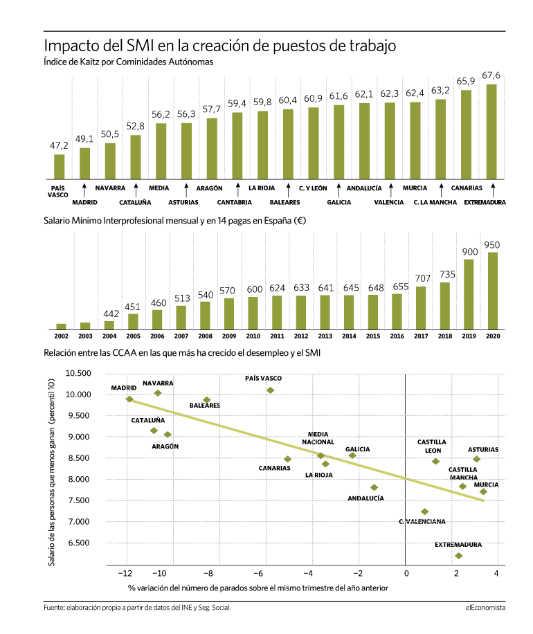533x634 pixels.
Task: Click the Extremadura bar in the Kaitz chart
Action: [x=491, y=132]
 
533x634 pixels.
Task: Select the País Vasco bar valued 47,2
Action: [x=59, y=167]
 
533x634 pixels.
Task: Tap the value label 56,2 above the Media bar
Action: [x=161, y=114]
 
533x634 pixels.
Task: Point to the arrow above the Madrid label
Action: [x=84, y=190]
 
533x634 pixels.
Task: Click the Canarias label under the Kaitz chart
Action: [x=467, y=188]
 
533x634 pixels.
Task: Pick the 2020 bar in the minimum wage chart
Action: [x=493, y=291]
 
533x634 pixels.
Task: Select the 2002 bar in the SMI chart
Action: [x=61, y=327]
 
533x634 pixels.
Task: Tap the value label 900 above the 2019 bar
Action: [x=470, y=252]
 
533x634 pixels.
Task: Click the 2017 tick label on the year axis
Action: [x=421, y=336]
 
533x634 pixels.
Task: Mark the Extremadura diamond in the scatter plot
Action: [x=458, y=556]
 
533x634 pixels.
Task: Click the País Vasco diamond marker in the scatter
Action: [x=270, y=390]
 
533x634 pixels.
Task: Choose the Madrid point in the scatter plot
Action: [x=129, y=399]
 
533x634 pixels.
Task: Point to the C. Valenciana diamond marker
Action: [x=424, y=511]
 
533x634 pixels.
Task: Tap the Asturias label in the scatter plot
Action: [x=483, y=450]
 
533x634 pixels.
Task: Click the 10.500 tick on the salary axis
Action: [x=78, y=373]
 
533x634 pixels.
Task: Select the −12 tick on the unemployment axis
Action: [x=125, y=573]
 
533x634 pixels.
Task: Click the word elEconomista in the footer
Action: [x=485, y=607]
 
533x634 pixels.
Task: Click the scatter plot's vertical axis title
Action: [x=51, y=472]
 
